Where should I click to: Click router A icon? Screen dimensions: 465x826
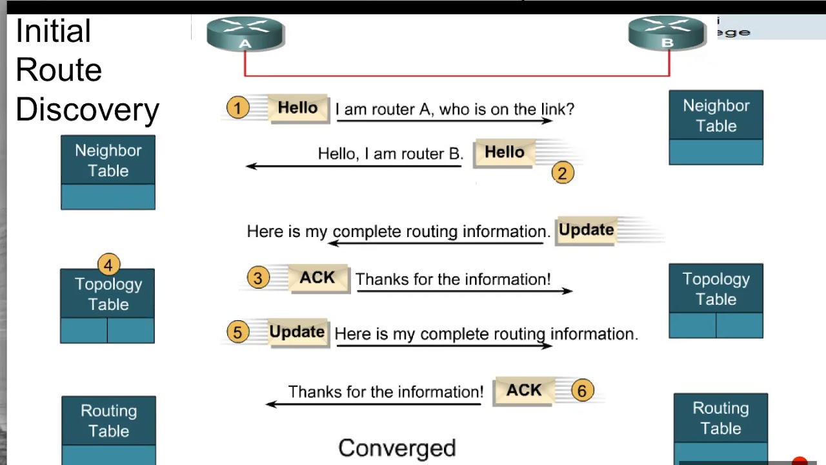pos(245,34)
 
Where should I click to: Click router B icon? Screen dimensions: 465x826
pos(667,33)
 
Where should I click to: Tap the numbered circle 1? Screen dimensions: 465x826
pos(237,108)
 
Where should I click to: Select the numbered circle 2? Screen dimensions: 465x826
pos(563,173)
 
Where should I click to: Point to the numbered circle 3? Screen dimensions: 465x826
pos(257,278)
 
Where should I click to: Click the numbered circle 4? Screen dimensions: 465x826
pos(108,265)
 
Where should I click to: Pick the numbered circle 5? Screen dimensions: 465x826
pos(237,332)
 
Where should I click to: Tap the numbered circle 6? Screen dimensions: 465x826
pos(582,391)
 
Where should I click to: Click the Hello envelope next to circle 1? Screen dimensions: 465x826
pos(297,108)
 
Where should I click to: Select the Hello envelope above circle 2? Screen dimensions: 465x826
pos(504,153)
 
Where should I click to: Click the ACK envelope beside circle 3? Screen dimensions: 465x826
pos(317,278)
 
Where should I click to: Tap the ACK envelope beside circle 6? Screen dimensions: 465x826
pos(523,391)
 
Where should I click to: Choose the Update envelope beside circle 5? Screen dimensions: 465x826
pos(297,333)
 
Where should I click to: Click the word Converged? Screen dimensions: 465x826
pos(397,448)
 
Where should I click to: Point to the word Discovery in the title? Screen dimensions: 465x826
pos(87,110)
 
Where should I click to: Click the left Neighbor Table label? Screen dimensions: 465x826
pos(108,160)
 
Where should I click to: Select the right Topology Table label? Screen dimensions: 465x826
pos(716,289)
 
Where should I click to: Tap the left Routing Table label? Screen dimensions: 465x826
pos(108,420)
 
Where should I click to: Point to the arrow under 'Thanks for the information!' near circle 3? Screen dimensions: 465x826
pos(464,291)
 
